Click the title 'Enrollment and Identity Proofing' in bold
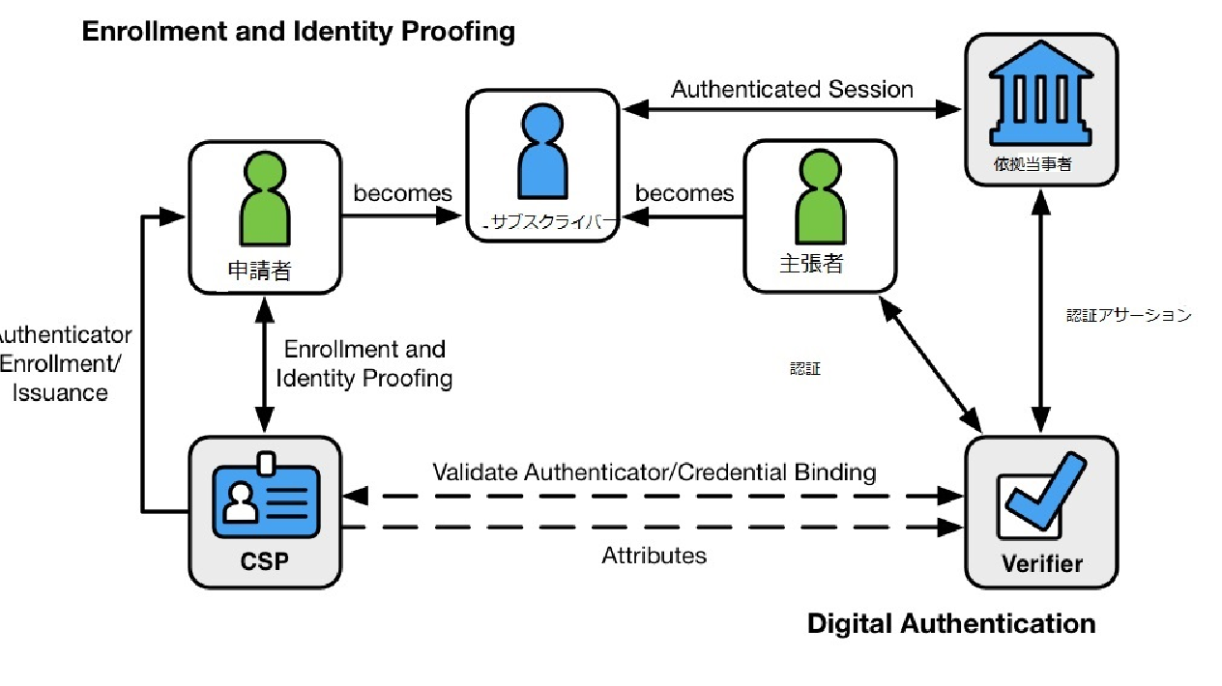pos(298,31)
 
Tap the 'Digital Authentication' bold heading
pos(951,623)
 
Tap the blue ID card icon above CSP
pos(265,497)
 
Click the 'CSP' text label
pos(265,561)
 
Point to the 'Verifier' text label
pos(1042,563)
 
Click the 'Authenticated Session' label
pos(792,90)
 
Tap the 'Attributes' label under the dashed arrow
pos(654,556)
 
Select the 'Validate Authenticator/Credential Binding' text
pos(654,472)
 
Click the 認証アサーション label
pos(1128,315)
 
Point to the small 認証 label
pos(804,368)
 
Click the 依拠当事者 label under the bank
pos(1033,165)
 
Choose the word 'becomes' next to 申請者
pos(402,193)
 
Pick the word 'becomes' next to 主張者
pos(684,193)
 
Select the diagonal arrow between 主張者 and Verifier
pos(931,364)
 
